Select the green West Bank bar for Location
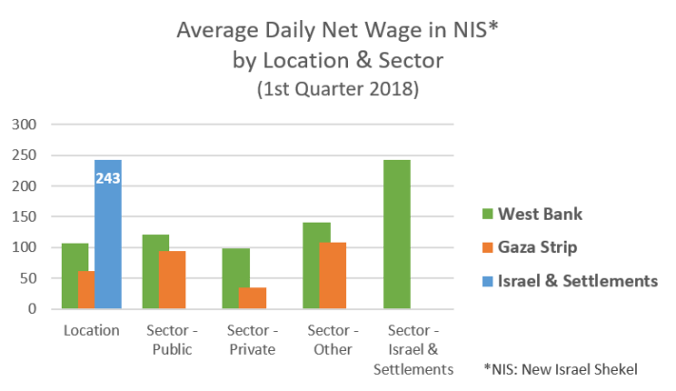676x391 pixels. [74, 276]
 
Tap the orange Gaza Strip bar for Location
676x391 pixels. [86, 290]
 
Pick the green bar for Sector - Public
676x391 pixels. [155, 271]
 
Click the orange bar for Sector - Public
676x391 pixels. [172, 280]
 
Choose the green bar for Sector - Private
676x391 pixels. [236, 279]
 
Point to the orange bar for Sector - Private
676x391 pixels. [253, 298]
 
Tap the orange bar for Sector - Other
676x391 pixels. [334, 276]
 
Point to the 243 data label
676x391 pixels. [107, 177]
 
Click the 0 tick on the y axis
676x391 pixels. [30, 309]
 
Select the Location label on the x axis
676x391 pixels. [91, 331]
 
